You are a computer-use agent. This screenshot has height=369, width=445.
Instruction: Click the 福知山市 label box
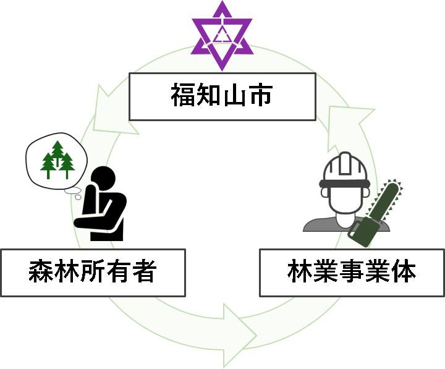tap(222, 96)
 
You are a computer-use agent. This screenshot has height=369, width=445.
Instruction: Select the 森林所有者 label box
tap(93, 272)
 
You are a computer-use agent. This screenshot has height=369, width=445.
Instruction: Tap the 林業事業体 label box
tap(351, 272)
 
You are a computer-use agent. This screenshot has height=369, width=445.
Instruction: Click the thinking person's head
tap(103, 180)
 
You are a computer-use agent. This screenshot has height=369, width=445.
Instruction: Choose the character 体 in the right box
tap(402, 272)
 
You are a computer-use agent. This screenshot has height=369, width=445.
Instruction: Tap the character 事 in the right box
tap(351, 272)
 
